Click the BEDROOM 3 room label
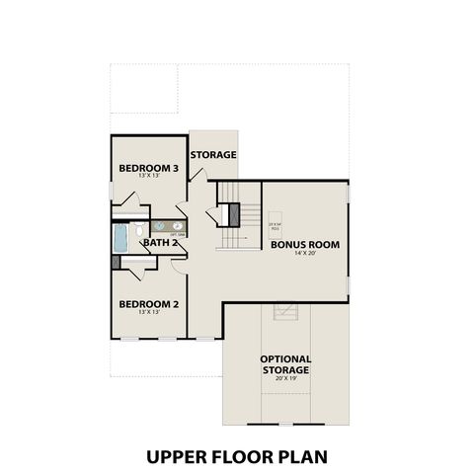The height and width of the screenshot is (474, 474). (x=148, y=168)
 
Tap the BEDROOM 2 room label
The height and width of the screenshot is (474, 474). (x=148, y=304)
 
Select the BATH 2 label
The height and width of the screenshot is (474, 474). (x=159, y=242)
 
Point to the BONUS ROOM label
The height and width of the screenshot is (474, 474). (x=305, y=244)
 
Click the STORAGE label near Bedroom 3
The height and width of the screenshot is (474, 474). (x=213, y=155)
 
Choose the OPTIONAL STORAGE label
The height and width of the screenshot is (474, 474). (x=286, y=364)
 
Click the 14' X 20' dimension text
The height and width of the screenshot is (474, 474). (x=305, y=253)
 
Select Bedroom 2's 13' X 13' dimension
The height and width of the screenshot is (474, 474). (x=148, y=312)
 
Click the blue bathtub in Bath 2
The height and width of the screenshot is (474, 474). (x=120, y=238)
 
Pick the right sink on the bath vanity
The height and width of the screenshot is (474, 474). (x=178, y=225)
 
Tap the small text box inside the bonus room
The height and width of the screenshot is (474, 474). (x=276, y=225)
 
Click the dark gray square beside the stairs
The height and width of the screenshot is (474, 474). (x=235, y=213)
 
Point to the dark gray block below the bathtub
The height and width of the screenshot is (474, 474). (x=117, y=263)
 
